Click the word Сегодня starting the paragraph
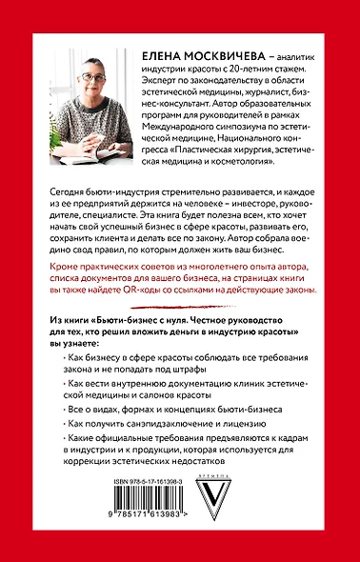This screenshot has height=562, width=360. coord(65,191)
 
